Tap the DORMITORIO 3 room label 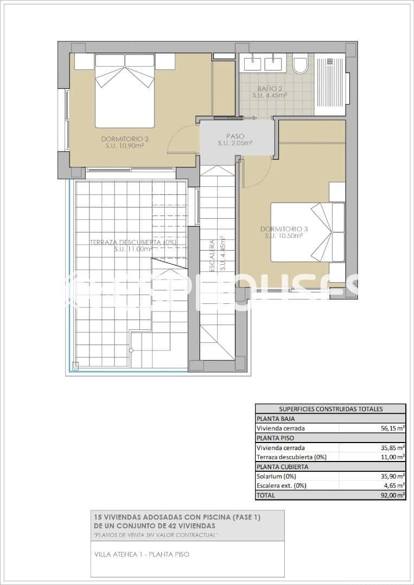pyautogui.click(x=283, y=228)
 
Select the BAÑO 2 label pyautogui.click(x=270, y=88)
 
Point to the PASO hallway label pyautogui.click(x=235, y=136)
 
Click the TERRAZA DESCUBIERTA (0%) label pyautogui.click(x=133, y=242)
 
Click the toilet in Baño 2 pyautogui.click(x=300, y=64)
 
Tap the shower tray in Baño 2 pyautogui.click(x=329, y=84)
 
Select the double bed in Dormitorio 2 pyautogui.click(x=125, y=90)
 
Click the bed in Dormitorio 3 pyautogui.click(x=308, y=232)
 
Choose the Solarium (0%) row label pyautogui.click(x=276, y=476)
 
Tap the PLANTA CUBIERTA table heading pyautogui.click(x=282, y=466)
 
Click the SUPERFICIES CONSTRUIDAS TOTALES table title pyautogui.click(x=330, y=409)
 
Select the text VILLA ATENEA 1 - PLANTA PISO pyautogui.click(x=142, y=554)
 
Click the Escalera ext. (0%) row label pyautogui.click(x=281, y=486)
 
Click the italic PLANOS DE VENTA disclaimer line pyautogui.click(x=156, y=535)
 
